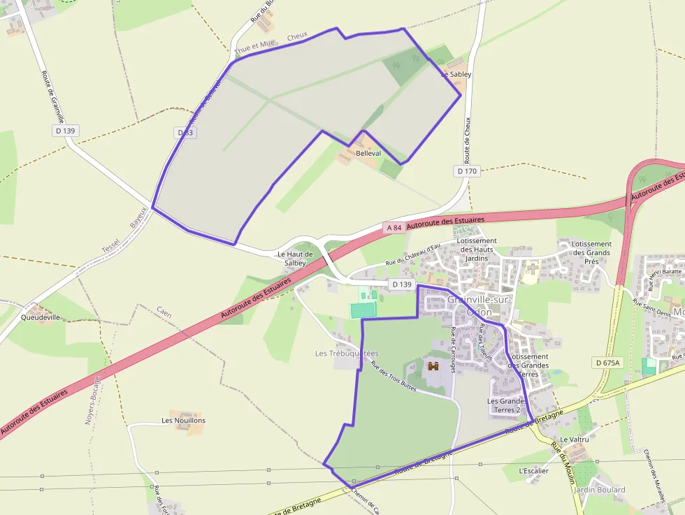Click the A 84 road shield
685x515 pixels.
click(394, 227)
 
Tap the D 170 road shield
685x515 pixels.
click(467, 171)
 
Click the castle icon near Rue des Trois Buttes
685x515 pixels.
click(433, 365)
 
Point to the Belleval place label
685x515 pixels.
click(368, 153)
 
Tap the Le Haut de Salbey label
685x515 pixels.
click(295, 259)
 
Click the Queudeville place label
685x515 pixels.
click(41, 317)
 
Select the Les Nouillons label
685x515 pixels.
click(183, 421)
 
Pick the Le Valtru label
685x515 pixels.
click(575, 440)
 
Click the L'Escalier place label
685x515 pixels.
click(534, 471)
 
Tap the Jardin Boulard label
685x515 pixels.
click(599, 490)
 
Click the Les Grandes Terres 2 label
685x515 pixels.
click(507, 405)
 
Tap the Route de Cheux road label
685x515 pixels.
click(467, 140)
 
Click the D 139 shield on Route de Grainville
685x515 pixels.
click(66, 131)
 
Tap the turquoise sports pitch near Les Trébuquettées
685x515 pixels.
click(363, 309)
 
